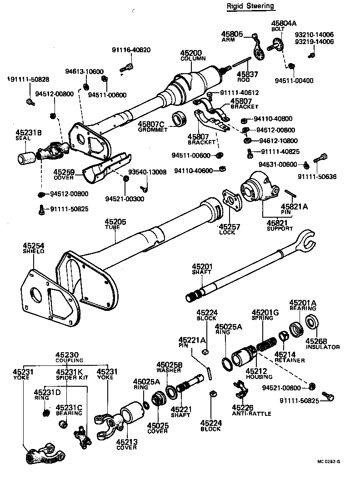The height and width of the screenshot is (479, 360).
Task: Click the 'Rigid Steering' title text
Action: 251,6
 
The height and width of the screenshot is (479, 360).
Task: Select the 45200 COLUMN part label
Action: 193,55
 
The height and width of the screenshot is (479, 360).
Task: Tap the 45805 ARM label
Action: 232,36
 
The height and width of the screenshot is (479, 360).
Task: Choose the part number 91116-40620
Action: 131,50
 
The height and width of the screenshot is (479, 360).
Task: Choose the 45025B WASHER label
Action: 170,367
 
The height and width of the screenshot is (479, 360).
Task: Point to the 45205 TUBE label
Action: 116,224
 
